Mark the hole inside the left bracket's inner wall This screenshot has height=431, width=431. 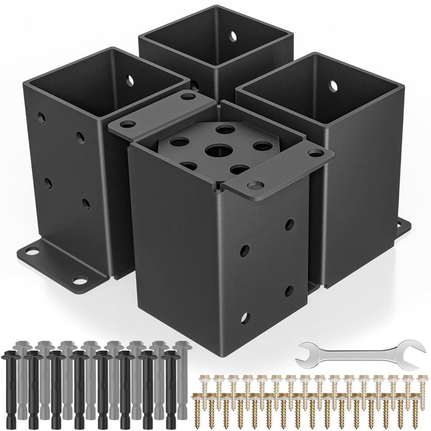[x=130, y=79]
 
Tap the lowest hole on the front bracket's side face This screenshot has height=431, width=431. [x=243, y=318]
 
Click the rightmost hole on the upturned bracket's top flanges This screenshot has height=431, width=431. [x=317, y=152]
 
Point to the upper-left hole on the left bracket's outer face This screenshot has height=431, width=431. [x=41, y=118]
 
